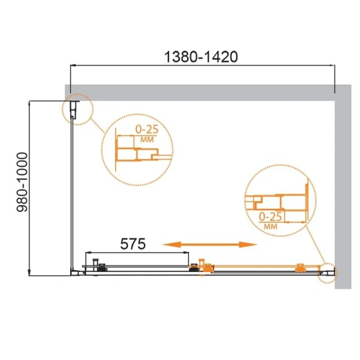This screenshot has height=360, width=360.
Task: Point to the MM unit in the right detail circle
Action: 270,226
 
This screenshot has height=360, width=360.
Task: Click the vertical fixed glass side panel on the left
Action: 73,192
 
